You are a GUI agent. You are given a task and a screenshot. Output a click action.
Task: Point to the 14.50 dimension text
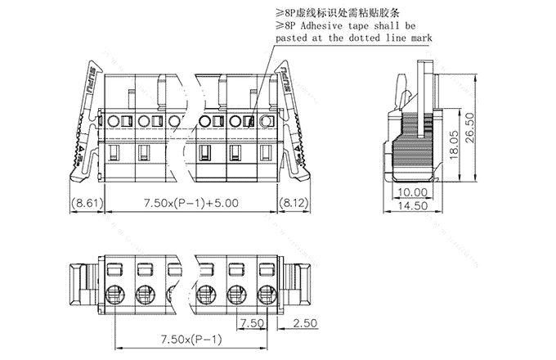(415, 207)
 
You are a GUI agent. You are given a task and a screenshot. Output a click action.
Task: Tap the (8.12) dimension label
(293, 202)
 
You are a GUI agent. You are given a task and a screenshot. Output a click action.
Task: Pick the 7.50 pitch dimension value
(252, 325)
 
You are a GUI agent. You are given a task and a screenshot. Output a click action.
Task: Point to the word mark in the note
(420, 38)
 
